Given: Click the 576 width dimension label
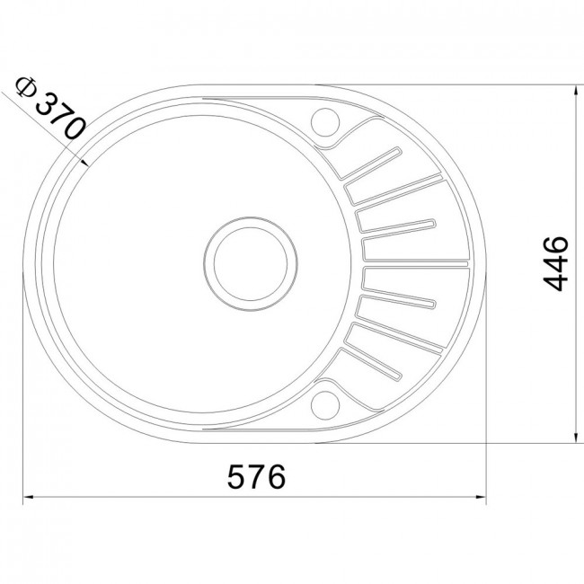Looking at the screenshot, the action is click(x=256, y=476).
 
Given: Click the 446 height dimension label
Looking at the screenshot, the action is click(x=555, y=263).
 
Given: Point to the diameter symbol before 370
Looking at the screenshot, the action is click(x=25, y=86).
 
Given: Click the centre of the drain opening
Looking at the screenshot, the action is click(x=251, y=263).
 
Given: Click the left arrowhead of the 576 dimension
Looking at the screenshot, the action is click(x=29, y=497).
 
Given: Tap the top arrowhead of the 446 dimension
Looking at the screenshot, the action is click(x=577, y=92).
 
